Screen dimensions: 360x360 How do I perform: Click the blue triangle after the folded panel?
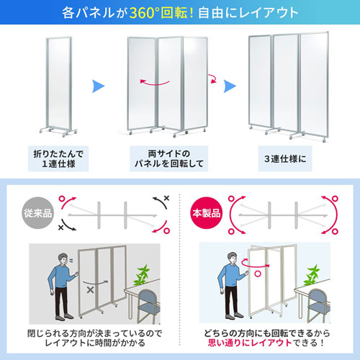click(x=101, y=86)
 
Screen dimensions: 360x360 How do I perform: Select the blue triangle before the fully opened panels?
click(x=230, y=86)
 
